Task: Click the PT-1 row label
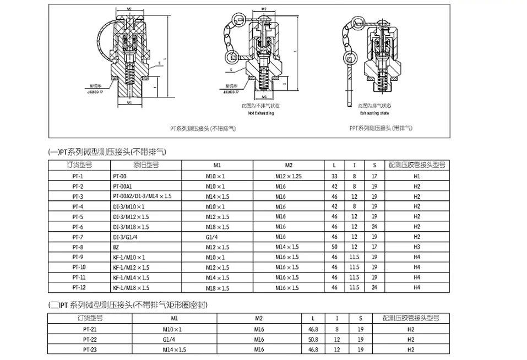(x=77, y=176)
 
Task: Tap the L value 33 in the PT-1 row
(x=334, y=176)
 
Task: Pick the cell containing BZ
(x=116, y=247)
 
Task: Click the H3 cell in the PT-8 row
(x=417, y=247)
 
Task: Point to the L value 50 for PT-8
(x=334, y=247)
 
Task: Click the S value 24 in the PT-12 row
(x=374, y=287)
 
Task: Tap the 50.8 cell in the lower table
(x=314, y=339)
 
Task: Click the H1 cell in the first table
(x=417, y=176)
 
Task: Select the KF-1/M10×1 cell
(x=129, y=257)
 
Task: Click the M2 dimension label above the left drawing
(x=128, y=9)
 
